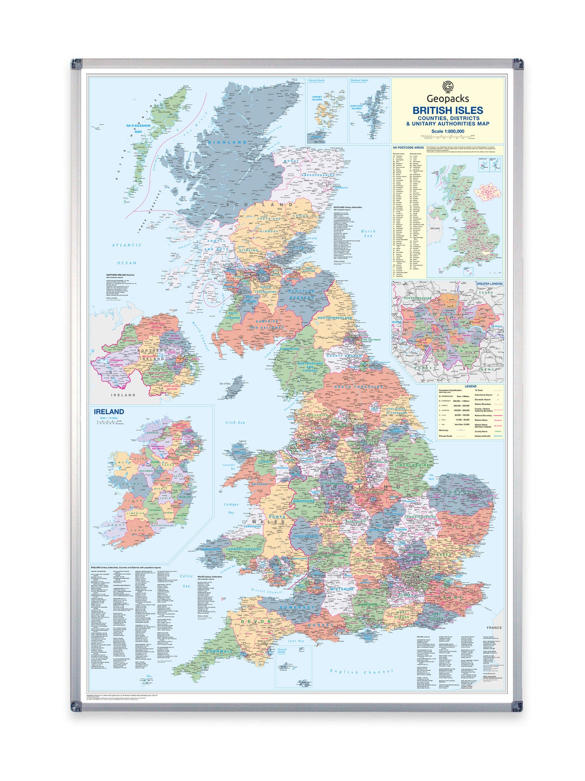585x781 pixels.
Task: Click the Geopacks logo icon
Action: click(447, 86)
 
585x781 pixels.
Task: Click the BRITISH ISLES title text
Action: click(447, 110)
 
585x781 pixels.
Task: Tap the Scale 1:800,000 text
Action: click(447, 131)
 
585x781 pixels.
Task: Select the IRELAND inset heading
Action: click(109, 412)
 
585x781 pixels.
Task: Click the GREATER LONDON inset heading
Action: click(489, 284)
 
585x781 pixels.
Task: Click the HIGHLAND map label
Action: click(227, 143)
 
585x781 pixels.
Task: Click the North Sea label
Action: click(368, 233)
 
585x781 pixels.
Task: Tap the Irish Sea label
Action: click(236, 423)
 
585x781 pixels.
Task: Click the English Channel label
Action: click(361, 672)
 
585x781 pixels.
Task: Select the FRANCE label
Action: click(494, 628)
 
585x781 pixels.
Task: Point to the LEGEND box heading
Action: click(470, 386)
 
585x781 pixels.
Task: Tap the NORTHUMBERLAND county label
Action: click(334, 318)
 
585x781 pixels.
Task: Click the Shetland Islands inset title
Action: click(359, 80)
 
